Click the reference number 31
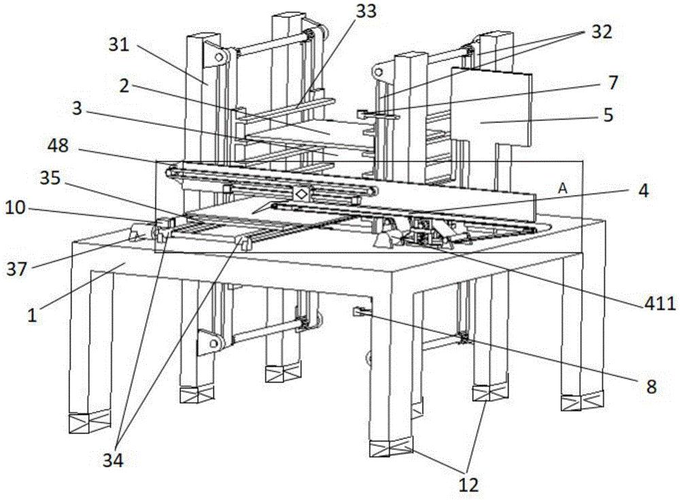[x=119, y=45]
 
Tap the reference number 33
[x=366, y=12]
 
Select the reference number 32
[x=600, y=31]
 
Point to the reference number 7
[x=613, y=82]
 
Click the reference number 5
[x=608, y=115]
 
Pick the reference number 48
[x=58, y=145]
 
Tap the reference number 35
[x=50, y=177]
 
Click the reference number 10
[x=16, y=209]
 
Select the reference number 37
[x=17, y=270]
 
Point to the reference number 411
[x=660, y=304]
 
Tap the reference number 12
[x=469, y=484]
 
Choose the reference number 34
[x=113, y=461]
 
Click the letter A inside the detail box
[x=562, y=188]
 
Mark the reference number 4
[x=643, y=191]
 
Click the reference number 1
[x=32, y=315]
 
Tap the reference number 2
[x=124, y=86]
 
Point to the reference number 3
[x=77, y=108]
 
